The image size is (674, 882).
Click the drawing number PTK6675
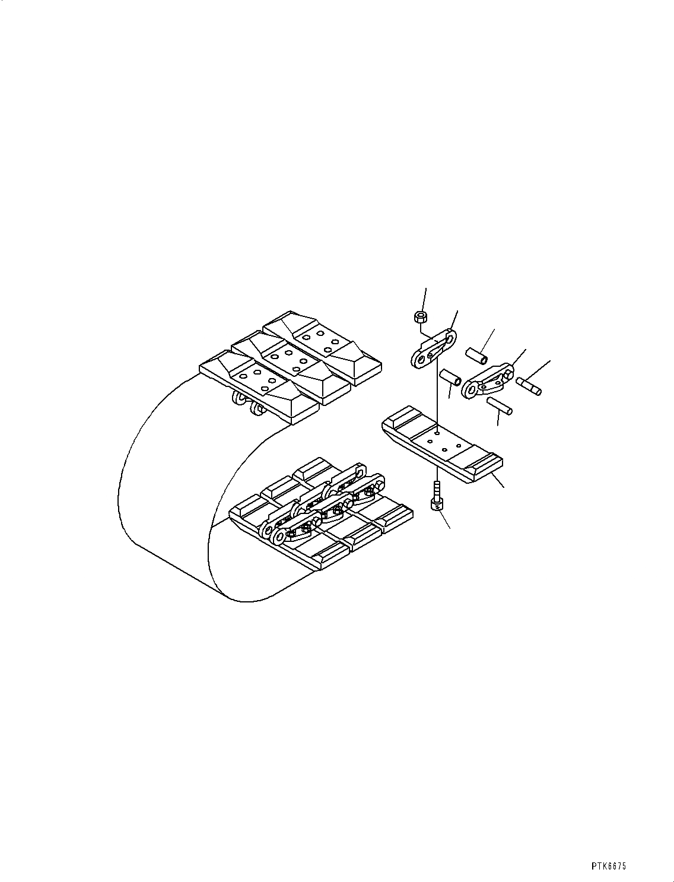point(608,866)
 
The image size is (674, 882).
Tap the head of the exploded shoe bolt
point(436,504)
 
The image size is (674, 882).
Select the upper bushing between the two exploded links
point(476,356)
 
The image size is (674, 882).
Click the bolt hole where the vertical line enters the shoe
point(436,434)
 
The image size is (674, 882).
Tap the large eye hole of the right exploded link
point(473,390)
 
